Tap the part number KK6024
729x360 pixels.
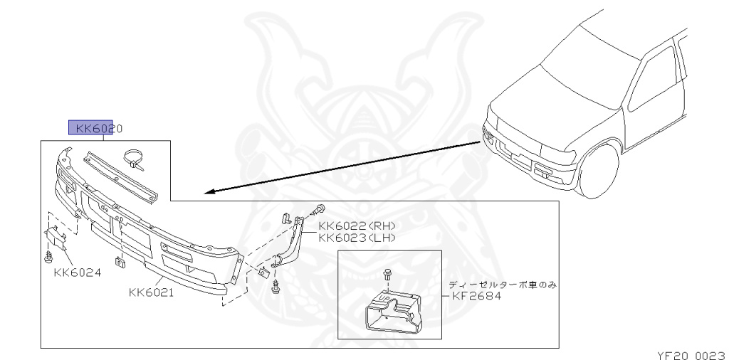click(76, 272)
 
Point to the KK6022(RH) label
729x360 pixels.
click(356, 226)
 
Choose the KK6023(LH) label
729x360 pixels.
click(356, 238)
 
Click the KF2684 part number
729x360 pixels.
click(478, 295)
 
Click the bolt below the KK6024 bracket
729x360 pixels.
click(51, 254)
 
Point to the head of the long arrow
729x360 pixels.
click(207, 192)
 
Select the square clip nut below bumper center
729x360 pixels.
click(120, 262)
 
